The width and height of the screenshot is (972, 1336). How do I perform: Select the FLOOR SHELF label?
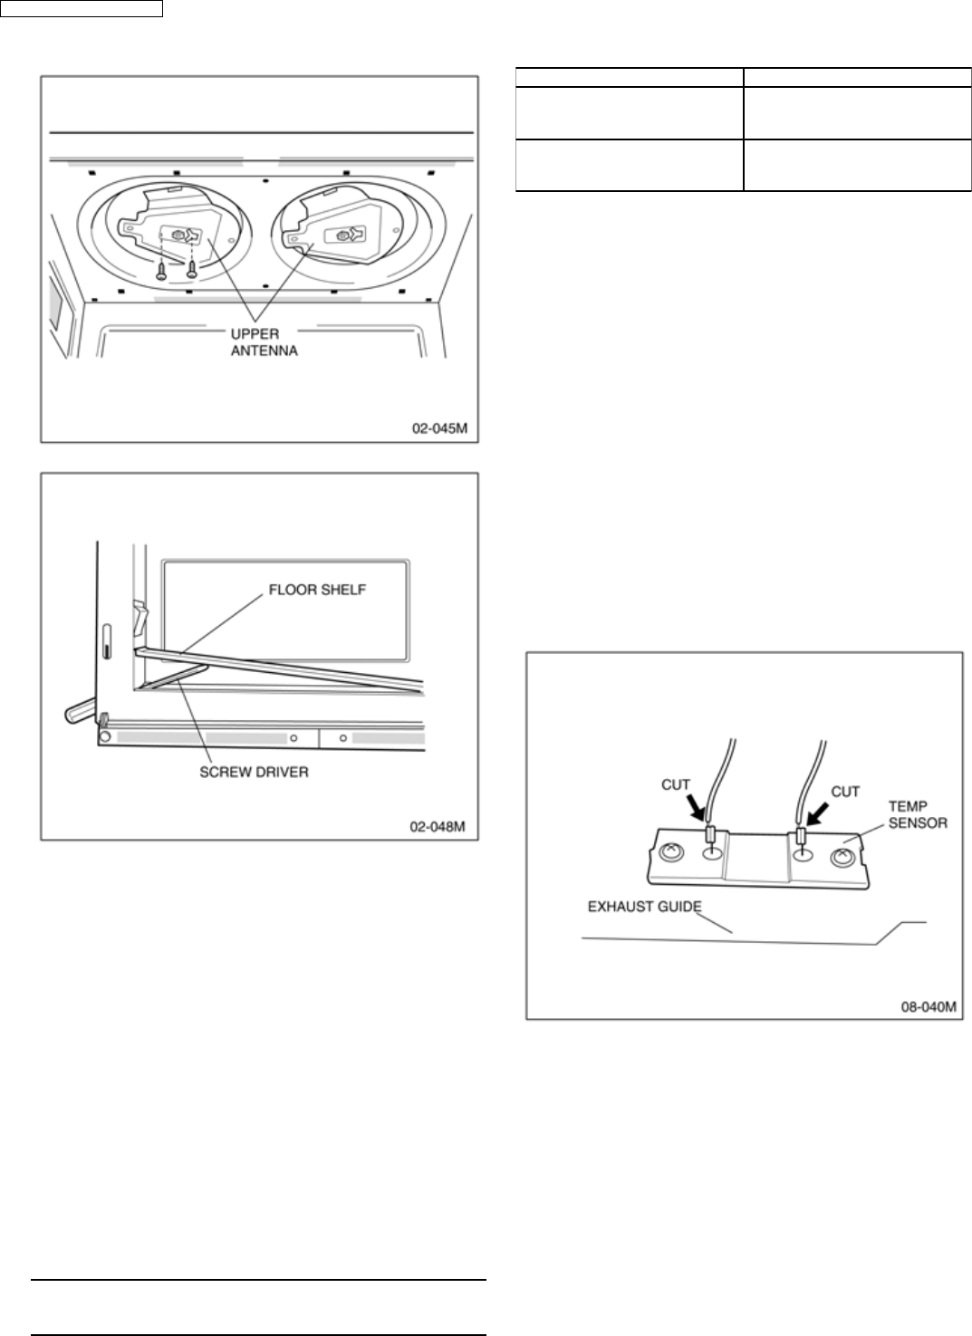316,590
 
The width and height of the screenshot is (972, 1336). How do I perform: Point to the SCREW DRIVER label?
254,773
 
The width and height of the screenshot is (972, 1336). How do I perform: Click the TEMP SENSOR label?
917,815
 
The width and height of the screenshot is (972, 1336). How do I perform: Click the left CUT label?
676,784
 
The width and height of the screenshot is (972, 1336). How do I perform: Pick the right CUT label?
845,791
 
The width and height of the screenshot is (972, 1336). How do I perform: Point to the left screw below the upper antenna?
161,268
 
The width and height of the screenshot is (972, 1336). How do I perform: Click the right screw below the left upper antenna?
192,268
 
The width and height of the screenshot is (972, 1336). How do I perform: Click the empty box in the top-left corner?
82,9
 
